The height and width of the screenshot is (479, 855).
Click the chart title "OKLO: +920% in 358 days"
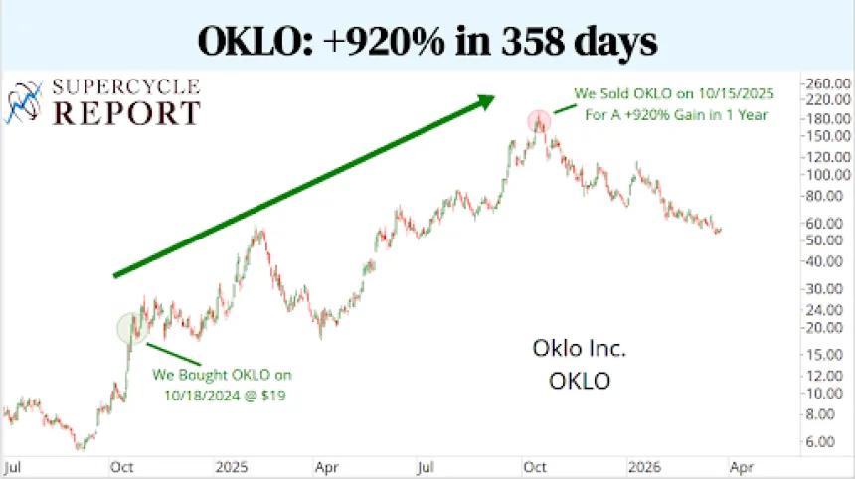(x=427, y=39)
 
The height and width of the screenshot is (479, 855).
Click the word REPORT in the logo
(x=126, y=112)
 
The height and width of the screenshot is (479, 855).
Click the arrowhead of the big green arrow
(x=484, y=99)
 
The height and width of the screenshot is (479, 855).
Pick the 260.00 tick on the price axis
(x=826, y=82)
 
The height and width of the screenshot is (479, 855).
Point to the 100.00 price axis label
(x=826, y=175)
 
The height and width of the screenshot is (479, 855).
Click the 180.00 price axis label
(x=826, y=119)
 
